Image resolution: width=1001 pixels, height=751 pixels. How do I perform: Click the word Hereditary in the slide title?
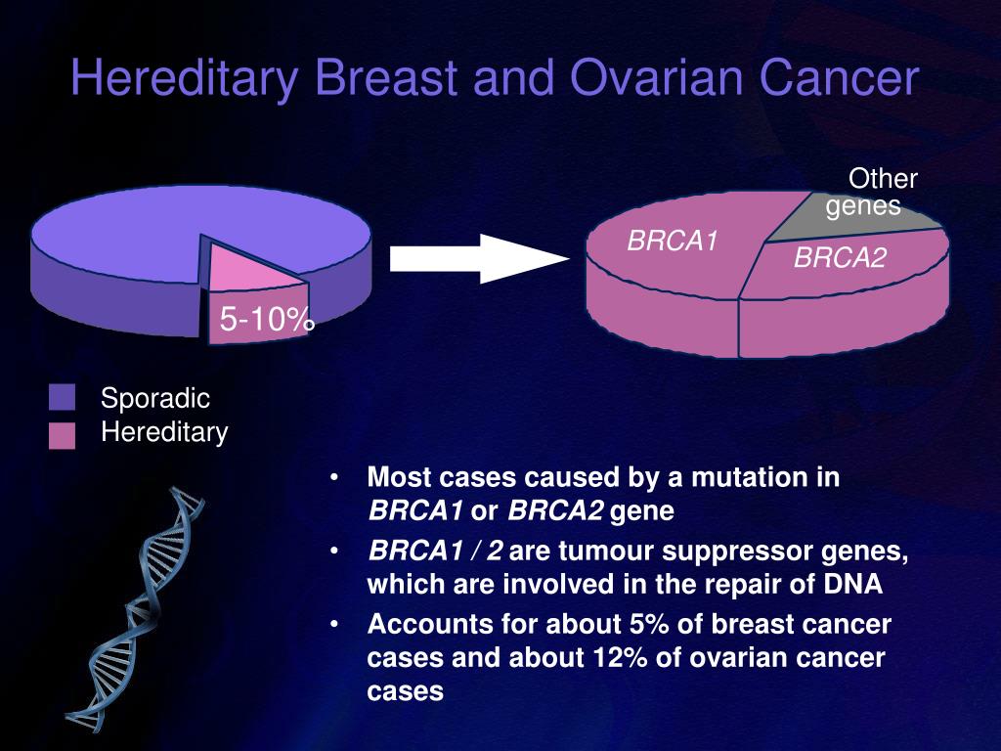tap(185, 78)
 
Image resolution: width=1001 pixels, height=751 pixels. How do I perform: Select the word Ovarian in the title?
tap(657, 77)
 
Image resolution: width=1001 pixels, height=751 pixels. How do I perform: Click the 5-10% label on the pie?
tap(267, 318)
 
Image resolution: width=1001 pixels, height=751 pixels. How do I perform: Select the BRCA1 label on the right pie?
tap(673, 241)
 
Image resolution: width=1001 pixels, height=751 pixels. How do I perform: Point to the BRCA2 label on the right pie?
tap(840, 257)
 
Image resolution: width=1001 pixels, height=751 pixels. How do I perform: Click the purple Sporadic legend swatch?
tap(62, 397)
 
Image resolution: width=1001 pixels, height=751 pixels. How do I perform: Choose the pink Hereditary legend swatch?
tap(62, 435)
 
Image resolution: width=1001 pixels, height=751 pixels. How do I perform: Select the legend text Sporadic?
tap(155, 399)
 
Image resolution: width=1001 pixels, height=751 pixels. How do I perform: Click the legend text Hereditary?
tap(164, 432)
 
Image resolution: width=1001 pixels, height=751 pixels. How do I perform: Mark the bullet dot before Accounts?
tap(333, 624)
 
